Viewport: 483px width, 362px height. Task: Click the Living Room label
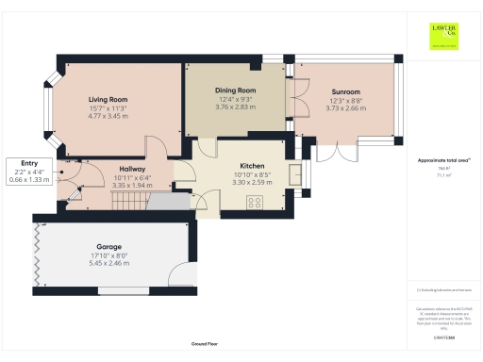[x=108, y=99]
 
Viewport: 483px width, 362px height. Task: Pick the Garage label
[x=108, y=246]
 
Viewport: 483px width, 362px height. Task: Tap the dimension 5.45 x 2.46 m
[x=108, y=265]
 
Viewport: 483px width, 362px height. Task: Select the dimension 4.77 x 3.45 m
[x=108, y=118]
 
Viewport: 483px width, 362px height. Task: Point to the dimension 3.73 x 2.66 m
[x=346, y=109]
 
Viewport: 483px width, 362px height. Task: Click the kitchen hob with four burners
[x=255, y=202]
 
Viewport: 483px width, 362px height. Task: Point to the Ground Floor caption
[x=206, y=345]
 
